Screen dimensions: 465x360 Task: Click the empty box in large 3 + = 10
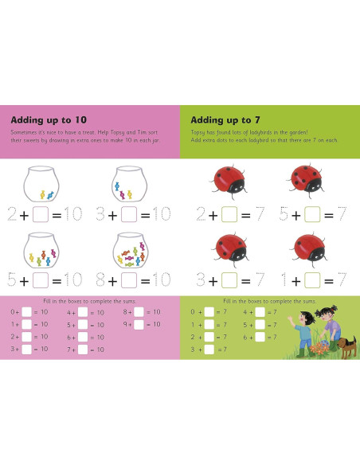coord(129,214)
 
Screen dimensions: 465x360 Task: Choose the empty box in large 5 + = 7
coord(313,214)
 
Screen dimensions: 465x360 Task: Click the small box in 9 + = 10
coord(139,324)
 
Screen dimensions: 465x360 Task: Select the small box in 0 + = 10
coord(26,312)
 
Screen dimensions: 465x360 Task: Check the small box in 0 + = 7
coord(209,312)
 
